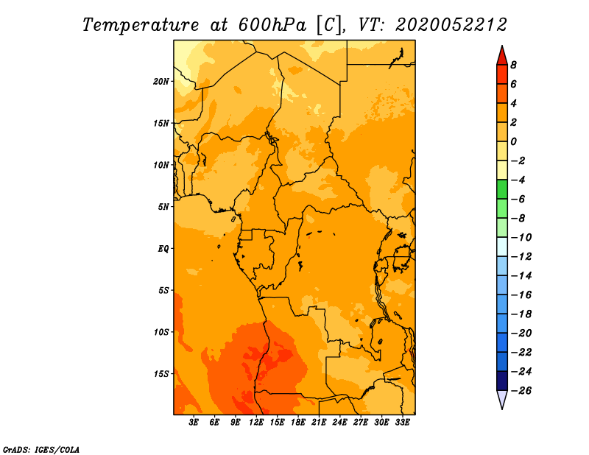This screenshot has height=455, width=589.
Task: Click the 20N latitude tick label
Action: pyautogui.click(x=161, y=82)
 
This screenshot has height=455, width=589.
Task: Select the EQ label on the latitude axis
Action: pyautogui.click(x=163, y=249)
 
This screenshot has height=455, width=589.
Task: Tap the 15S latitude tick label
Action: pyautogui.click(x=161, y=374)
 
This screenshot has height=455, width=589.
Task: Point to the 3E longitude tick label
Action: pyautogui.click(x=194, y=422)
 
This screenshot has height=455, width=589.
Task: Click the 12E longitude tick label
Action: pyautogui.click(x=256, y=422)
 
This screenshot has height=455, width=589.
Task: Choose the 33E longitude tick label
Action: pyautogui.click(x=402, y=422)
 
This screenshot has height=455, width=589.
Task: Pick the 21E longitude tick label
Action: pyautogui.click(x=319, y=422)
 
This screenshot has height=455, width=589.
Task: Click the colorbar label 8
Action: pyautogui.click(x=513, y=65)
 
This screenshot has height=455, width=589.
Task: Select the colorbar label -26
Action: pyautogui.click(x=521, y=391)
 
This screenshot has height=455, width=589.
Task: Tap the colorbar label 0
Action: pyautogui.click(x=513, y=141)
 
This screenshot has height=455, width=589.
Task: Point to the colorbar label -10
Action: pyautogui.click(x=521, y=238)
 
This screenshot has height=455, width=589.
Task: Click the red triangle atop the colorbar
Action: pyautogui.click(x=502, y=56)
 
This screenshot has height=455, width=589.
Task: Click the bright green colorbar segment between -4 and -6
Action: pyautogui.click(x=502, y=189)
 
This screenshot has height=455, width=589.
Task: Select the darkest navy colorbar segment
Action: pyautogui.click(x=502, y=381)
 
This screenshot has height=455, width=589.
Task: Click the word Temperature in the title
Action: pyautogui.click(x=141, y=25)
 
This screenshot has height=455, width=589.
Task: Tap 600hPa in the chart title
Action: pyautogui.click(x=272, y=25)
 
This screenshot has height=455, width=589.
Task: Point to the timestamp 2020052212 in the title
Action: pyautogui.click(x=451, y=25)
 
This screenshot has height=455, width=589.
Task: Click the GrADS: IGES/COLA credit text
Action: pyautogui.click(x=41, y=450)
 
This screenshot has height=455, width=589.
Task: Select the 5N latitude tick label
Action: pyautogui.click(x=163, y=207)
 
